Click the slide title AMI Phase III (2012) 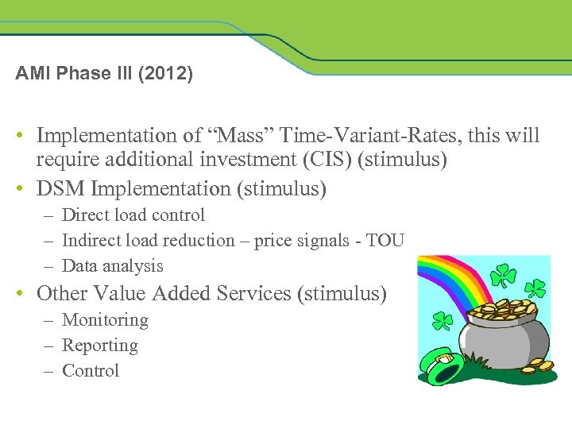pyautogui.click(x=103, y=74)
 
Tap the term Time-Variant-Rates pyautogui.click(x=324, y=136)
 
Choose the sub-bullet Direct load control pyautogui.click(x=133, y=215)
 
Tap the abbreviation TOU pyautogui.click(x=385, y=241)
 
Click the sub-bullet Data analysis pyautogui.click(x=112, y=266)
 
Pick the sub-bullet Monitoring pyautogui.click(x=105, y=320)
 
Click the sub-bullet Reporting pyautogui.click(x=99, y=346)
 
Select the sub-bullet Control pyautogui.click(x=90, y=371)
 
